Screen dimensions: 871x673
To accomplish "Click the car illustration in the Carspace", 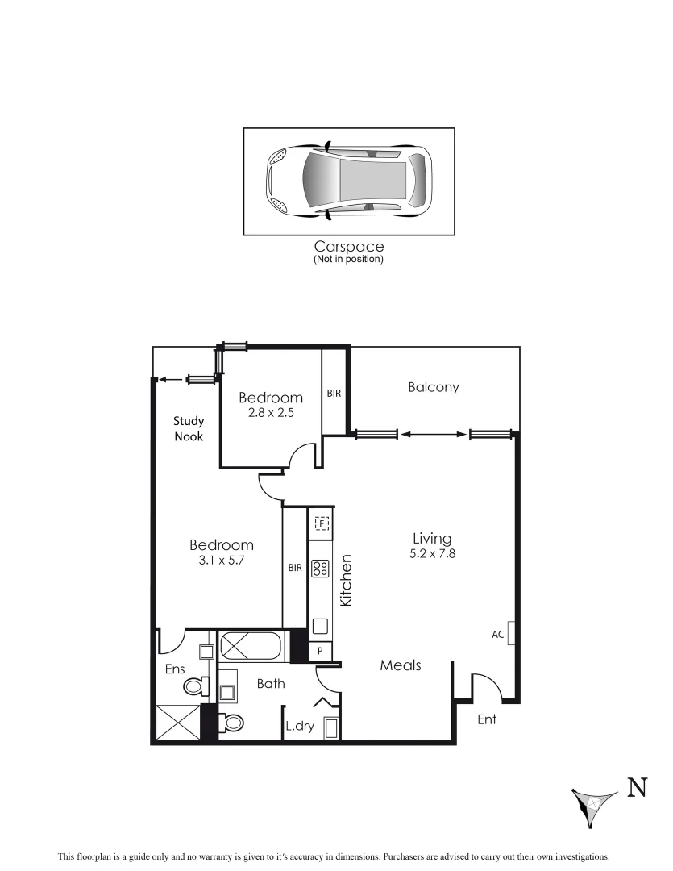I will [x=348, y=181].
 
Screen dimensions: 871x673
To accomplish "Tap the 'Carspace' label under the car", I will [x=348, y=247].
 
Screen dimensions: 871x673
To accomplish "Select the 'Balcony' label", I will [x=433, y=387].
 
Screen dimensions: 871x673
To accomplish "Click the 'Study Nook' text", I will [x=189, y=428].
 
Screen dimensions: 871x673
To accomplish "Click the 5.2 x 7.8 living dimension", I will [x=432, y=553].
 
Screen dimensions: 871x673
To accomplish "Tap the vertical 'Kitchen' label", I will [x=346, y=581].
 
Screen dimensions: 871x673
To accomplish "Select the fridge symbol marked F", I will [x=321, y=523].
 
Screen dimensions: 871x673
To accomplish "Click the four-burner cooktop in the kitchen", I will [x=319, y=568].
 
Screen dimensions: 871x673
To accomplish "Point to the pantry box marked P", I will [x=320, y=651].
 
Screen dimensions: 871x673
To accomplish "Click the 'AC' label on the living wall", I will [x=498, y=635].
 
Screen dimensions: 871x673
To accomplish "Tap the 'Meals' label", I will [x=401, y=665].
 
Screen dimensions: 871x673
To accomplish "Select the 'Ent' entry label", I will [x=487, y=719].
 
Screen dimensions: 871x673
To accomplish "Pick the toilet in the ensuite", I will [x=193, y=686].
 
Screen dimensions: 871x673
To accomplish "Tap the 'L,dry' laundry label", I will [x=300, y=726].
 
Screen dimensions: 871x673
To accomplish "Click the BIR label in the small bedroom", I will [x=334, y=394].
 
